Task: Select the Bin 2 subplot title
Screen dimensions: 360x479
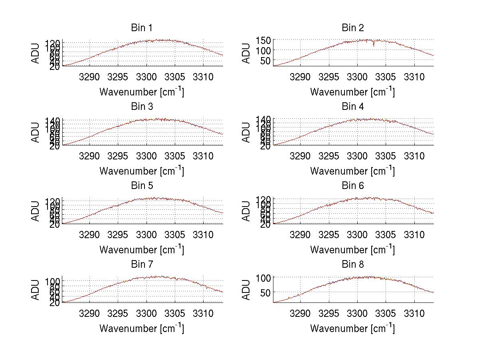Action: (353, 28)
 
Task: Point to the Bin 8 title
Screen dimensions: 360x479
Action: (353, 265)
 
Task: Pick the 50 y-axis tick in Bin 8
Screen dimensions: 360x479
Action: (266, 292)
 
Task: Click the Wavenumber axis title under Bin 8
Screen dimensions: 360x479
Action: (352, 328)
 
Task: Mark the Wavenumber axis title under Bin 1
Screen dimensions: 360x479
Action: (142, 91)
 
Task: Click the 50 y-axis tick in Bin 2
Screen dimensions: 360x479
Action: (266, 61)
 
